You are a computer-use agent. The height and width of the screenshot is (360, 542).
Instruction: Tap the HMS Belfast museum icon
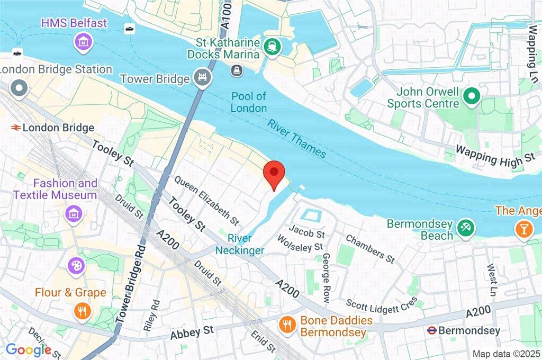point(84,40)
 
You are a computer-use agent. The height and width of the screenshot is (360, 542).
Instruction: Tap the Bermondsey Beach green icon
point(466,228)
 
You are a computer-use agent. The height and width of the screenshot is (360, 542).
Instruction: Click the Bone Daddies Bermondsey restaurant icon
point(287,325)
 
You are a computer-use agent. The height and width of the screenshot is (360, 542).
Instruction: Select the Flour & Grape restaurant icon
point(82,310)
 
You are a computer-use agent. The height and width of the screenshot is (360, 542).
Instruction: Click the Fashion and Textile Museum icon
point(73,214)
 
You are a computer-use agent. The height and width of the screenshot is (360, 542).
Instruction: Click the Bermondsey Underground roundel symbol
point(432,331)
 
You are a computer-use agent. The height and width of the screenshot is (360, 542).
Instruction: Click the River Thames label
point(296,139)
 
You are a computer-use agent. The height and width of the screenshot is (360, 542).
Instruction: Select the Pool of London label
point(249,102)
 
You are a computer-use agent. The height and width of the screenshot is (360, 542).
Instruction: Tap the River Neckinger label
point(240,244)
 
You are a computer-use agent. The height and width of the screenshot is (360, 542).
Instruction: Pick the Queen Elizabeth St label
point(206,199)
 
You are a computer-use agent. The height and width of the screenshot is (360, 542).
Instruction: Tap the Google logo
point(28,349)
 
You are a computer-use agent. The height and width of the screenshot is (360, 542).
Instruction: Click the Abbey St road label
point(192,332)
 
